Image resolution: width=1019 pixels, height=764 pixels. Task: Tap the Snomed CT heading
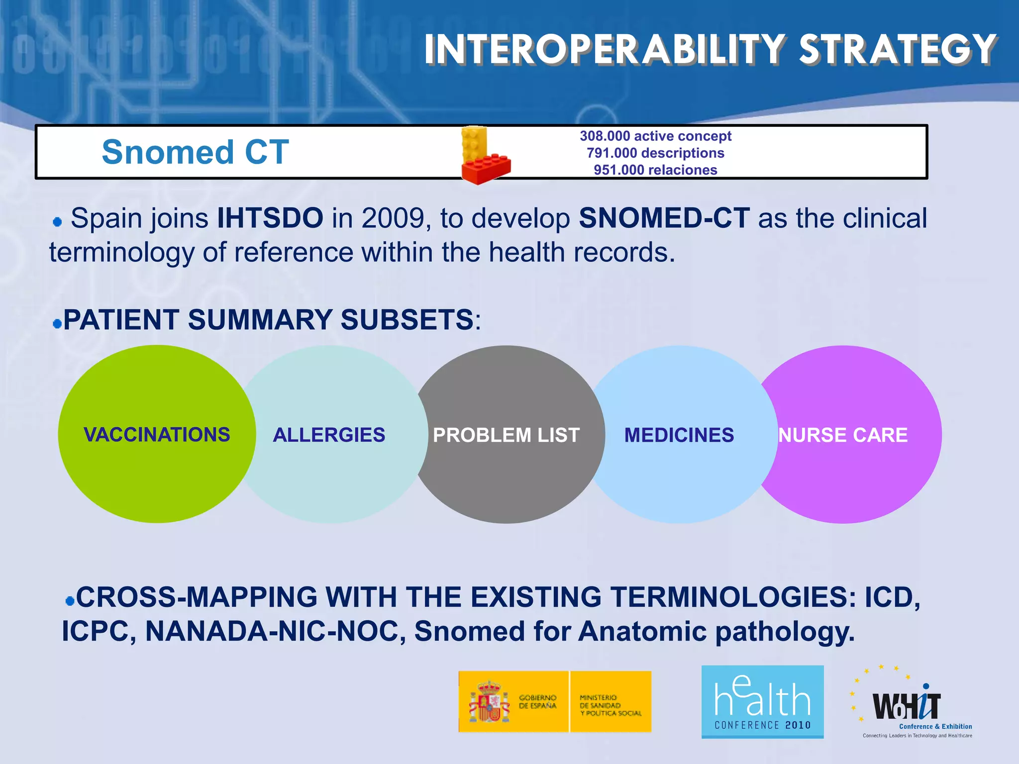(x=195, y=152)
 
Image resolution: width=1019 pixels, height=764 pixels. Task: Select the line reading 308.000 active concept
(x=655, y=136)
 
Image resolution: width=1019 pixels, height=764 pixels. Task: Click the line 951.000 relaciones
(x=655, y=170)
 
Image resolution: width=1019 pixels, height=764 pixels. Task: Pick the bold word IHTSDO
(x=270, y=218)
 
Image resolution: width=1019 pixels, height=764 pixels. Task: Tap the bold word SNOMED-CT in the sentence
(x=664, y=218)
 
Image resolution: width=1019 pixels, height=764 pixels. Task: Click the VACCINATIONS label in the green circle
(x=157, y=435)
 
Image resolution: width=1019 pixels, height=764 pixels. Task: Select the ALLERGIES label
(x=329, y=435)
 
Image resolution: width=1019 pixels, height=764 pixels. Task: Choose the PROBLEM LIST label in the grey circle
(x=506, y=435)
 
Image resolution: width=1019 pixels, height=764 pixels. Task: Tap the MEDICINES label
(x=679, y=435)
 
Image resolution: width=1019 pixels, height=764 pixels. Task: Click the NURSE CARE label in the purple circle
(x=843, y=435)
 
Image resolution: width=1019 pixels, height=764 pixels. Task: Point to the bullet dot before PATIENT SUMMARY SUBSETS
(x=57, y=324)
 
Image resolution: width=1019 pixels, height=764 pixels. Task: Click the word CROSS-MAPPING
(x=197, y=597)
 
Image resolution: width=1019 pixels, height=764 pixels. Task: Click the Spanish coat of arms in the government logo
(x=489, y=702)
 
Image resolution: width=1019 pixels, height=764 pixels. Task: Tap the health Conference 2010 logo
(x=762, y=702)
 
